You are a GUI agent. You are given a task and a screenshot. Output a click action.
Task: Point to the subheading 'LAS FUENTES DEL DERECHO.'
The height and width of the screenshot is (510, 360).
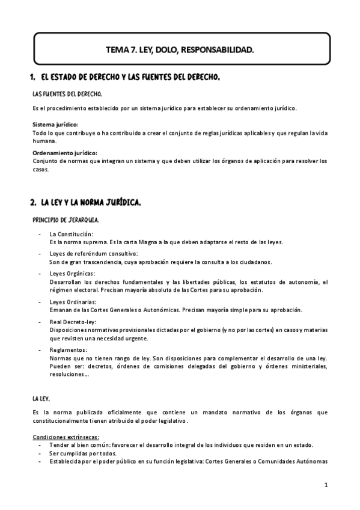pyautogui.click(x=67, y=94)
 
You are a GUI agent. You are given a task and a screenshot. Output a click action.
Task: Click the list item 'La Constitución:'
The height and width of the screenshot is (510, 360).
pyautogui.click(x=72, y=234)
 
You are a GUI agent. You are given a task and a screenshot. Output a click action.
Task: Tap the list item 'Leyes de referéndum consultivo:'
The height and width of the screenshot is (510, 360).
pyautogui.click(x=94, y=254)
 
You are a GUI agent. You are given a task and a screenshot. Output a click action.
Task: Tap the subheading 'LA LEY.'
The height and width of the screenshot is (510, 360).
pyautogui.click(x=41, y=398)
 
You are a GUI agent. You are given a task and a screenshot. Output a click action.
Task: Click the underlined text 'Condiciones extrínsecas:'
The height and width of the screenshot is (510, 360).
pyautogui.click(x=66, y=437)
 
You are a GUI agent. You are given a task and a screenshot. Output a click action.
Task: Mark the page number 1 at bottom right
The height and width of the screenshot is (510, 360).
pyautogui.click(x=325, y=485)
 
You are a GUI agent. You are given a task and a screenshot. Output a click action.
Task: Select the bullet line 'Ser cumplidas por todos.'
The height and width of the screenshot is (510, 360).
pyautogui.click(x=83, y=453)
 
